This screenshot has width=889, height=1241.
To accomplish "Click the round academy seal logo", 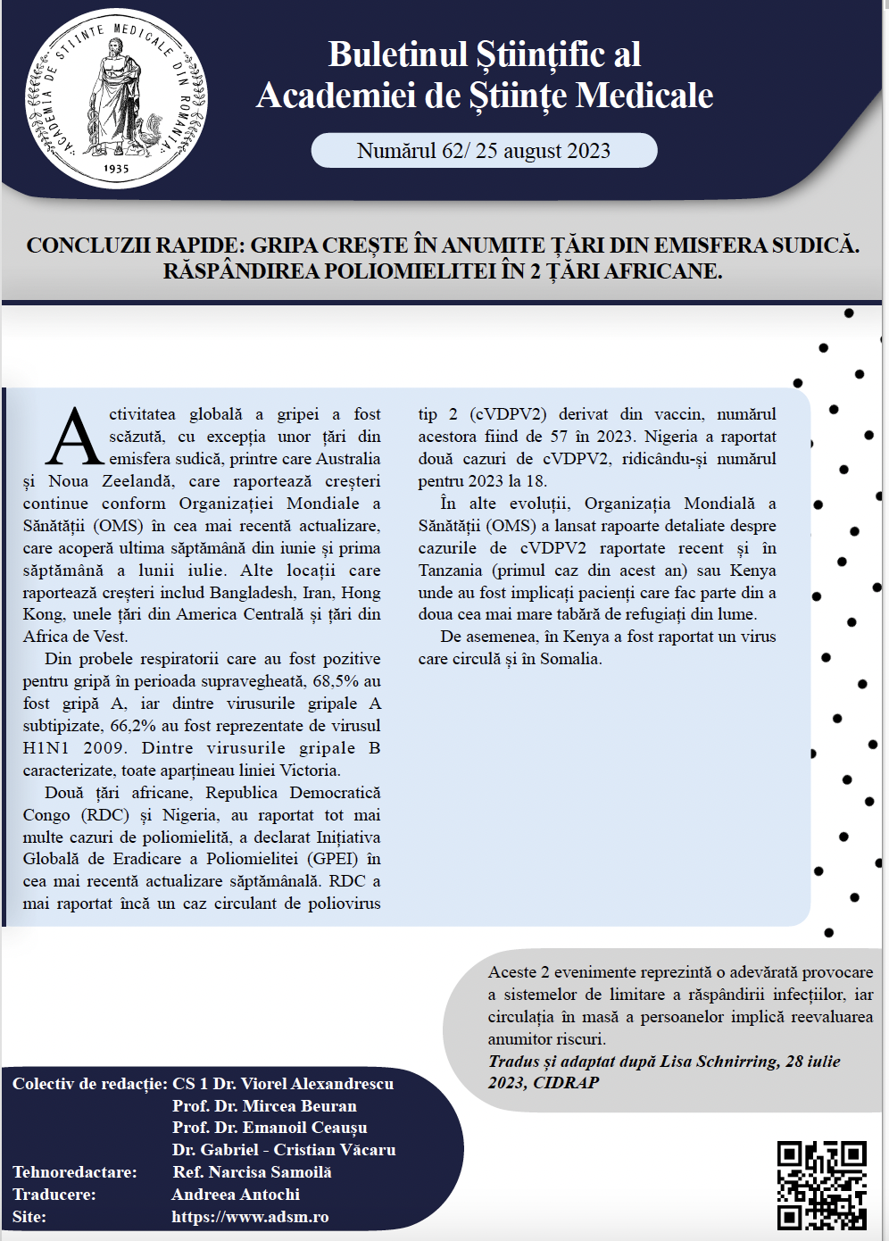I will point(116,98).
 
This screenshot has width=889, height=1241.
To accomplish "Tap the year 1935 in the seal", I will point(116,168).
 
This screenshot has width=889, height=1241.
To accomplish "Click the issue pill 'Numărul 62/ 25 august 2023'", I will point(484,151).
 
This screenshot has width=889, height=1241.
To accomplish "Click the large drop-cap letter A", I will point(75,437).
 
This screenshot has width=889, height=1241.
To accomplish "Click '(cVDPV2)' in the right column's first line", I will point(508,414).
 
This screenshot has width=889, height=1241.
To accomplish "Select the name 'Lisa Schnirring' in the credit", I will point(719,1062).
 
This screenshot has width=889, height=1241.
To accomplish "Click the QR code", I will point(822,1186).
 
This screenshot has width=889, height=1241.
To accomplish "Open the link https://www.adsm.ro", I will point(250,1217).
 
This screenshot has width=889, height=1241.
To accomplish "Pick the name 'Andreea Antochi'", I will point(236,1195).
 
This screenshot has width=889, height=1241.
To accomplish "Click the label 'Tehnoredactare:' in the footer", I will point(75,1172).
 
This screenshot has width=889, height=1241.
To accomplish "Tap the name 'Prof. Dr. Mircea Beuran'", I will point(264,1106).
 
